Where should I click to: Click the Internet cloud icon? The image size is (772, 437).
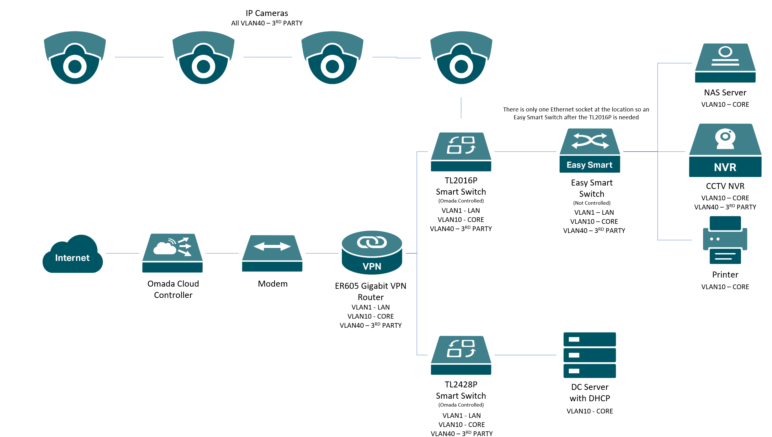click(x=72, y=254)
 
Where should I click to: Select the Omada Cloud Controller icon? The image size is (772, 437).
click(x=172, y=253)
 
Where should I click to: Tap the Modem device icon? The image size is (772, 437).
click(x=272, y=253)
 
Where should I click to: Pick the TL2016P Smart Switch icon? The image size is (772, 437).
click(x=461, y=152)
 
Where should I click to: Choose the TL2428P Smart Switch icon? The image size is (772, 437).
click(x=461, y=355)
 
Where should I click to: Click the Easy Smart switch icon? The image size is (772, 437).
click(x=589, y=151)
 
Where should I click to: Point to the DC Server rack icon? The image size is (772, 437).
click(x=589, y=355)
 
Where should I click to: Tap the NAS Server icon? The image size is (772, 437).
click(x=725, y=63)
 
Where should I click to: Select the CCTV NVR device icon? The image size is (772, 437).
click(x=725, y=150)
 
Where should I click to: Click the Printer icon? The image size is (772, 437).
click(x=725, y=240)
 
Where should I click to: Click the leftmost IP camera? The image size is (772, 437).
click(x=75, y=57)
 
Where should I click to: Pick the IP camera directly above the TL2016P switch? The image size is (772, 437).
click(x=461, y=57)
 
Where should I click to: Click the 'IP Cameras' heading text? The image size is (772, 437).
click(x=267, y=13)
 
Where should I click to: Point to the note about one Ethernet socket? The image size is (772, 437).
click(x=576, y=113)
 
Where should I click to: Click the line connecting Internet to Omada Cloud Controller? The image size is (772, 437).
click(x=122, y=253)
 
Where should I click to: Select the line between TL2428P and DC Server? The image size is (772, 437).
click(x=525, y=355)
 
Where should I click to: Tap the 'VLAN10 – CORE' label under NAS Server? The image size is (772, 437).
click(x=725, y=105)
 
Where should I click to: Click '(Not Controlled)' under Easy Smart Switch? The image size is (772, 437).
click(x=592, y=203)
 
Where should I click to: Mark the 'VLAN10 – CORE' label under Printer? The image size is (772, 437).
click(x=725, y=287)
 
